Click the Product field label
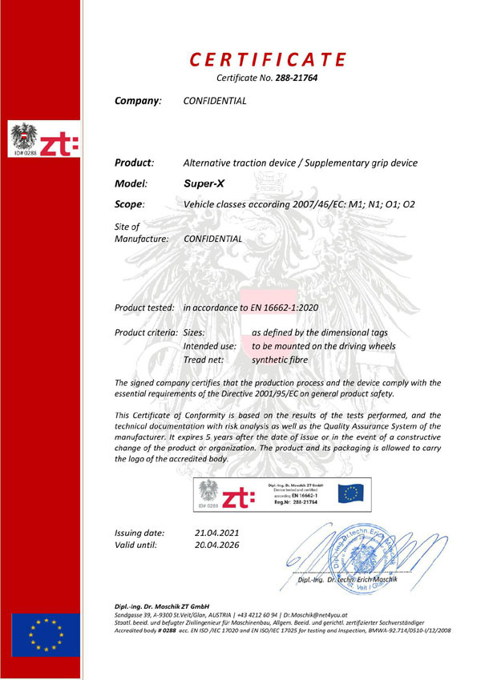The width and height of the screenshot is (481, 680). [x=135, y=163]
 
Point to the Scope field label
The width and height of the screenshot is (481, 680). [x=131, y=205]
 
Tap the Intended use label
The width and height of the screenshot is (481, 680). [x=210, y=346]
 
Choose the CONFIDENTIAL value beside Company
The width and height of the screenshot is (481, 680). [x=215, y=102]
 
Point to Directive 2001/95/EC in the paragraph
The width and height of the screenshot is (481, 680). [x=272, y=393]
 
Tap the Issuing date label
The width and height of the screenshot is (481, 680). [x=140, y=533]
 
